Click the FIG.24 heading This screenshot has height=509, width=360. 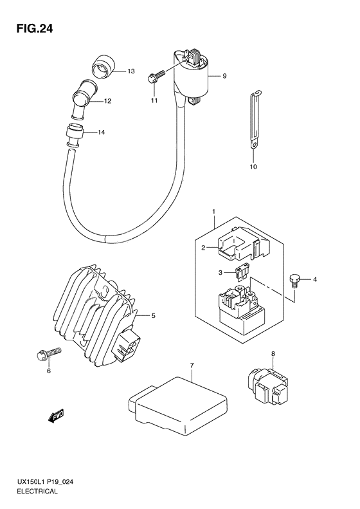34,29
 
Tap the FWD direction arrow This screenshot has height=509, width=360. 56,416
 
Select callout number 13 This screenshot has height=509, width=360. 130,71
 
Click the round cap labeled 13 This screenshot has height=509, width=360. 102,66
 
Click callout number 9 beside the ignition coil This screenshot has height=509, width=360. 224,76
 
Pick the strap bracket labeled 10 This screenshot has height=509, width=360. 255,120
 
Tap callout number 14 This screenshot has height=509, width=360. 102,132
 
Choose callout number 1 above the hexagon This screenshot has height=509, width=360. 213,212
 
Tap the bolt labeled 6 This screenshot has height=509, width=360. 49,353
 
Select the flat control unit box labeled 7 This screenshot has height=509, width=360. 178,405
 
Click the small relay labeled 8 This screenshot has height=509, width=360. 267,386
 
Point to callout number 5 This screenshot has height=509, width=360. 154,315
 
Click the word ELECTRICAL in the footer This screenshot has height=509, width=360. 38,491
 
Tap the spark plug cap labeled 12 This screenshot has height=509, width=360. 82,99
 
